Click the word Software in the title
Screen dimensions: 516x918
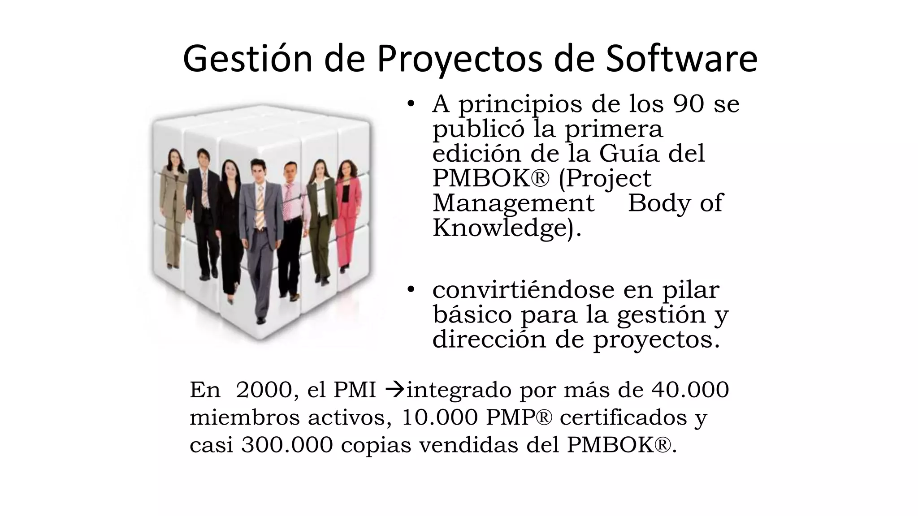point(681,59)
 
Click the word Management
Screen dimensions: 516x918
point(513,203)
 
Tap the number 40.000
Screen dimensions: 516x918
point(690,390)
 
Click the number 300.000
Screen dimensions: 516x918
point(287,445)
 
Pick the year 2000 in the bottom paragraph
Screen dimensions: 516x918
point(264,390)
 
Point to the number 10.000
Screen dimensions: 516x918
point(439,417)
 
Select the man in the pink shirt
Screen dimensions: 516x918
point(291,224)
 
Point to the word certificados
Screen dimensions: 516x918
point(623,417)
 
